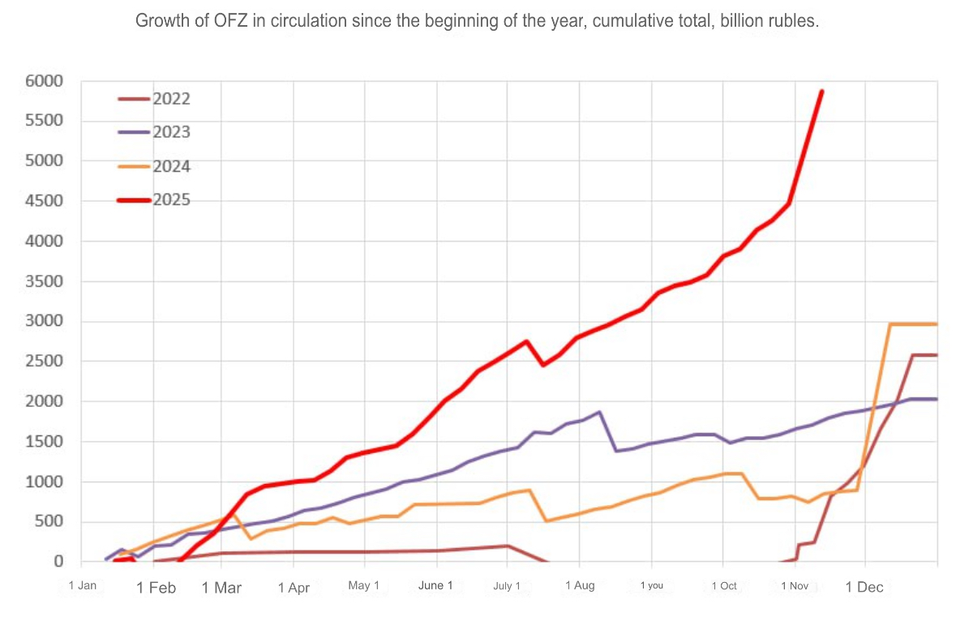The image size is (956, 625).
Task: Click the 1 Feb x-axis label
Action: (x=156, y=588)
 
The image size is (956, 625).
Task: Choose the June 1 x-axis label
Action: (x=435, y=585)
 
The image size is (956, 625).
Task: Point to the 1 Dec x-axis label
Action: (x=864, y=587)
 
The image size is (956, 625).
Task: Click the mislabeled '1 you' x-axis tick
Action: (x=651, y=585)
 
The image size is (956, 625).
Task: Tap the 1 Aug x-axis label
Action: (x=580, y=585)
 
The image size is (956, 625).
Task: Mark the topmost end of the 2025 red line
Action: (x=821, y=92)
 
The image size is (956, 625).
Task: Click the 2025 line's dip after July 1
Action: (x=543, y=365)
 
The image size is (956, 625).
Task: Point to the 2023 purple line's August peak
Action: (x=599, y=412)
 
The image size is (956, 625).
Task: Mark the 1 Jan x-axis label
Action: (x=83, y=585)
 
